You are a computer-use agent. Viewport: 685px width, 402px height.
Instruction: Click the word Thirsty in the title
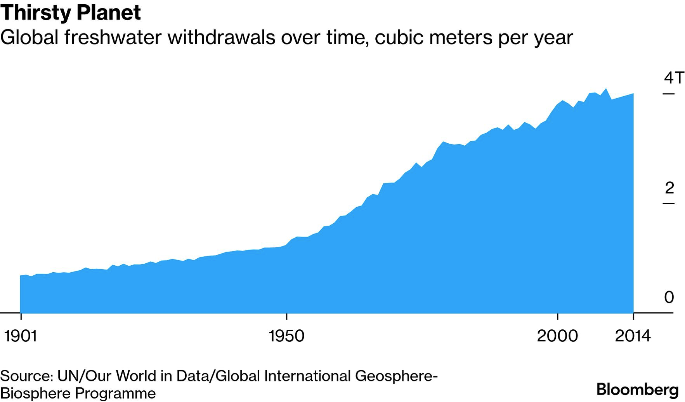(36, 13)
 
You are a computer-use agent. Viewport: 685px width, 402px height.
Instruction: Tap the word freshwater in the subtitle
(113, 38)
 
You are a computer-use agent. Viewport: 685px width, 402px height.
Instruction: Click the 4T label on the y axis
(674, 78)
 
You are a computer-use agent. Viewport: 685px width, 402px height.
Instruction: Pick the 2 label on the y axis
(669, 188)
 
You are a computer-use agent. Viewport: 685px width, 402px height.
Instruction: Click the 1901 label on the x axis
(21, 336)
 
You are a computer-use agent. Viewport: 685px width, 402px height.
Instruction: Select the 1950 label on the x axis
(286, 336)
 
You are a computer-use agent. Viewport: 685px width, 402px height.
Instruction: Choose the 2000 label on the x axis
(557, 336)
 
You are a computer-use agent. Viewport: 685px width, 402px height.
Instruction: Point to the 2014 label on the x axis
(633, 336)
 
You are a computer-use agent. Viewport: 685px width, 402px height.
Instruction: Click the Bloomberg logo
(638, 389)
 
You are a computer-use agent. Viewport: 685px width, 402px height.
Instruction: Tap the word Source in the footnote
(26, 376)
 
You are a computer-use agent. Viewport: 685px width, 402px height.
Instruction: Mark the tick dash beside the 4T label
(668, 94)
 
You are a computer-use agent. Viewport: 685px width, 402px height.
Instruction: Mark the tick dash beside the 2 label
(668, 204)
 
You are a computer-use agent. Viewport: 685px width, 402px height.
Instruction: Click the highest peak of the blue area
(605, 89)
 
